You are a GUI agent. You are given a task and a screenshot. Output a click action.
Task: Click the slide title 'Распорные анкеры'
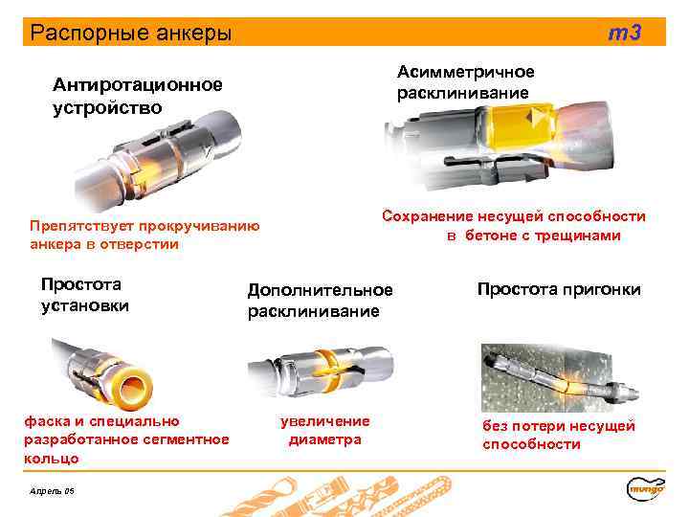131,34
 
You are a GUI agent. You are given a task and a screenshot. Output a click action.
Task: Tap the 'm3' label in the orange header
626,34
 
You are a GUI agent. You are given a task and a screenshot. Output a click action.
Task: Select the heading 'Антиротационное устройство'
137,96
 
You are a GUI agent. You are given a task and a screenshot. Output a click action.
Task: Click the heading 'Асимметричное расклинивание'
466,83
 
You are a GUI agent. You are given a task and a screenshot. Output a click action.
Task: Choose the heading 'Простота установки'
84,295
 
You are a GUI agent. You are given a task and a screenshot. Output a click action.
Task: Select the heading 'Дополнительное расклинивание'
320,301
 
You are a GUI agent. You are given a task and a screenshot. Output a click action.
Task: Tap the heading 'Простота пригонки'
559,289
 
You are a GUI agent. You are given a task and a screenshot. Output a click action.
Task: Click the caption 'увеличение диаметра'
324,430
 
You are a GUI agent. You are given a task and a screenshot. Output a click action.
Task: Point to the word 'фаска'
43,420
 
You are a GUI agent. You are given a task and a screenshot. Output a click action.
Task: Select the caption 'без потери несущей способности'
559,435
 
